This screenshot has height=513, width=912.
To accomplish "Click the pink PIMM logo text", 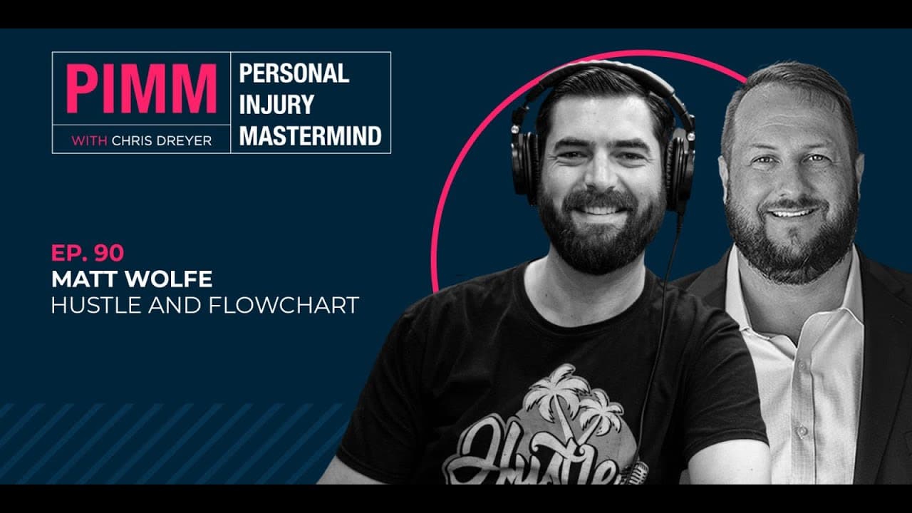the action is point(141,89).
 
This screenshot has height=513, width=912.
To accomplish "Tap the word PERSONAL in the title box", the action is point(294,73).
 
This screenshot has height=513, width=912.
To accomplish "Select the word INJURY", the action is point(277,104).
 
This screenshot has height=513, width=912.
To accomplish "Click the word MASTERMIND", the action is point(310,135).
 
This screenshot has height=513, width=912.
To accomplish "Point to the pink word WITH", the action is point(89,141).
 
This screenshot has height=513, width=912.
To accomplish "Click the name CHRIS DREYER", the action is point(162,141).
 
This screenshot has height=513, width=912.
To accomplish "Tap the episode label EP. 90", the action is point(88,253).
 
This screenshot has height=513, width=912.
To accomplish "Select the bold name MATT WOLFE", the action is point(132,279).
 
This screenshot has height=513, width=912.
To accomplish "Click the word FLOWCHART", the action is point(284,306).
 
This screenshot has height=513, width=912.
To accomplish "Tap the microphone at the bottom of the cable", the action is point(639,473).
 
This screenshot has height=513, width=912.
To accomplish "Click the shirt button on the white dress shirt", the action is point(803,431).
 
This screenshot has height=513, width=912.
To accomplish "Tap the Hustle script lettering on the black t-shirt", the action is point(537,456).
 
